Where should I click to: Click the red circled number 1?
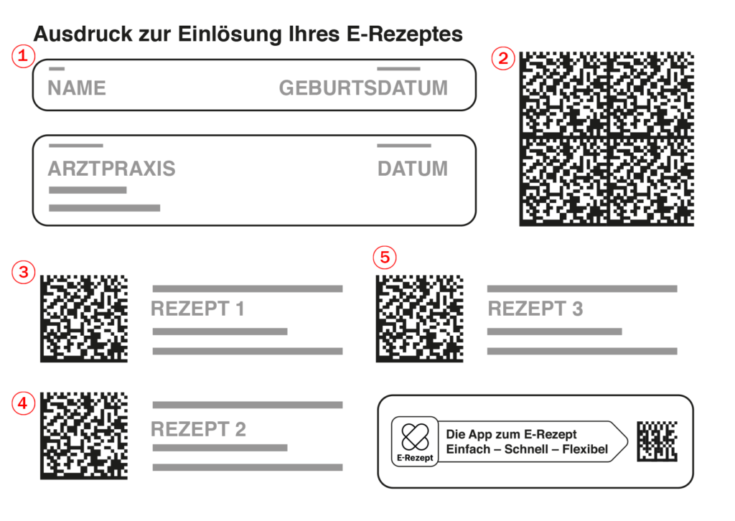tap(23, 56)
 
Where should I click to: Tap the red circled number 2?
tap(503, 59)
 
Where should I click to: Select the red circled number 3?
tap(24, 272)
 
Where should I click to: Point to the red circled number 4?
tap(24, 403)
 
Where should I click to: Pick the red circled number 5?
tap(385, 257)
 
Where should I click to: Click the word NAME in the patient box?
tap(77, 88)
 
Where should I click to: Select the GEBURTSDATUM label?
tap(363, 88)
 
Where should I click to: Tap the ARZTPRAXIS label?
tap(111, 169)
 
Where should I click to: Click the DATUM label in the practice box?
tap(413, 169)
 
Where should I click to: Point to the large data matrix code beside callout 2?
tap(607, 139)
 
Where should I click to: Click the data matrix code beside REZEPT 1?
tap(84, 319)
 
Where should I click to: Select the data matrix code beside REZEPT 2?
tap(84, 436)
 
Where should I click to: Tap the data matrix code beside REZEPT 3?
tap(419, 319)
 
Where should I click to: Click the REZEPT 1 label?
tap(197, 309)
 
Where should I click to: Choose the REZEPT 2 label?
tap(198, 429)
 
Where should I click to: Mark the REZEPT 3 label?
tap(535, 309)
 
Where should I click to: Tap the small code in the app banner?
tap(657, 441)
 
